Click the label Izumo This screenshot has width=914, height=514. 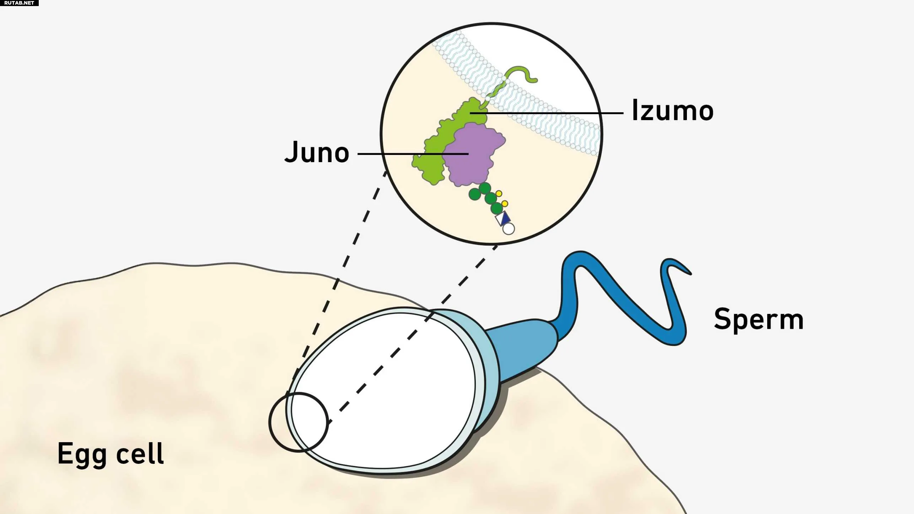[672, 111]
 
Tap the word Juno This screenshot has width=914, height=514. [317, 152]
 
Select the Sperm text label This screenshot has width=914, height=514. [759, 319]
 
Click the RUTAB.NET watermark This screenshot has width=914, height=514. [19, 3]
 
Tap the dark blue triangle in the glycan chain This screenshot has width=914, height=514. [506, 218]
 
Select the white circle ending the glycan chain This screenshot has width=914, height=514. [509, 229]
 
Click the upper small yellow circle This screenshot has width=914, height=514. [499, 194]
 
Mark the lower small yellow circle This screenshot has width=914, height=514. [505, 204]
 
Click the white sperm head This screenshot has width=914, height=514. [384, 391]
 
